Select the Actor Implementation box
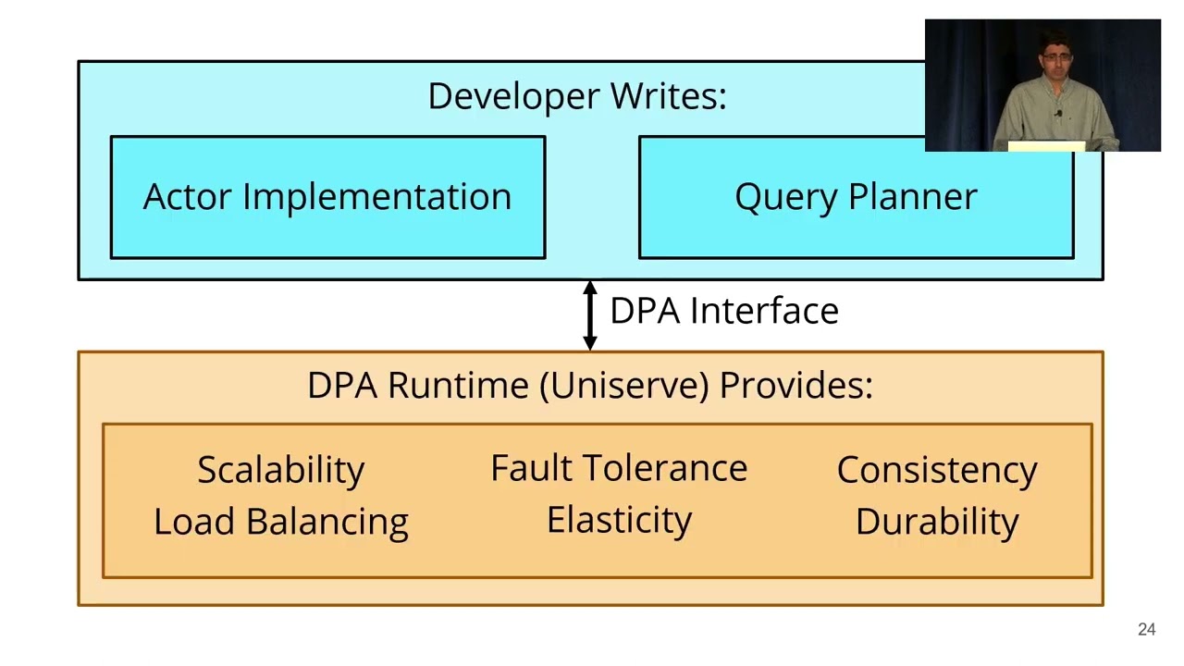point(327,197)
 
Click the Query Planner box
point(856,197)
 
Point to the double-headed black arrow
point(590,315)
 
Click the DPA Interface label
point(724,311)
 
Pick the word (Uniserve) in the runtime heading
point(626,385)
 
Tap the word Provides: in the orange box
point(796,385)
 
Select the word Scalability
point(281,470)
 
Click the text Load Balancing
point(281,522)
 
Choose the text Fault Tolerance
point(619,468)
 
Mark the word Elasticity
point(619,520)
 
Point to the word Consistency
point(937,470)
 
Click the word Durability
point(937,522)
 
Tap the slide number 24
point(1146,630)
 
